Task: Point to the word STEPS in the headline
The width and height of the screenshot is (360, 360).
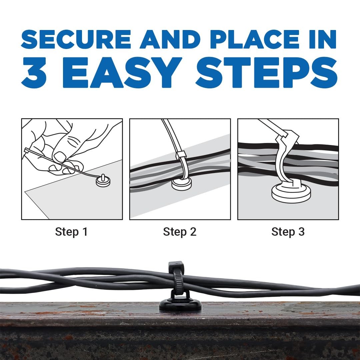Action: click(x=267, y=73)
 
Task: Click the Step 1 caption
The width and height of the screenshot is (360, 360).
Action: click(x=71, y=232)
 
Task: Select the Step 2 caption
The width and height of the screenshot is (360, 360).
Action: click(x=180, y=232)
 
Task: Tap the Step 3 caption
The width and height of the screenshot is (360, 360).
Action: click(x=288, y=232)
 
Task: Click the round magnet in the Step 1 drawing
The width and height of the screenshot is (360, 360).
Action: click(x=103, y=181)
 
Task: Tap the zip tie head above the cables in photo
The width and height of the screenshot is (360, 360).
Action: click(x=175, y=265)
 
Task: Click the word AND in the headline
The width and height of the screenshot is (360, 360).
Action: click(x=171, y=40)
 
